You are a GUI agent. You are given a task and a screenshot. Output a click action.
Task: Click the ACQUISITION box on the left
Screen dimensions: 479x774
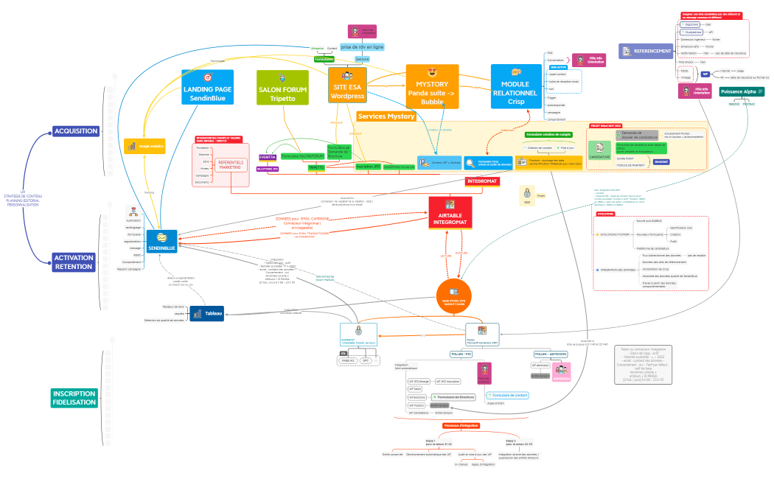pos(75,131)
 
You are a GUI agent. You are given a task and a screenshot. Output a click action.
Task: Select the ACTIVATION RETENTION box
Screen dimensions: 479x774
pos(74,262)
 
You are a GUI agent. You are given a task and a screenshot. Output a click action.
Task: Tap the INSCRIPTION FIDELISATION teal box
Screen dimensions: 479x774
pos(74,398)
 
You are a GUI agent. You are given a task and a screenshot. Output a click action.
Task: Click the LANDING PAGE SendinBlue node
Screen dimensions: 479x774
pos(207,87)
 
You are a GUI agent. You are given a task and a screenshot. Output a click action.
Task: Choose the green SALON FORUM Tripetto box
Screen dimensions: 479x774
pos(282,88)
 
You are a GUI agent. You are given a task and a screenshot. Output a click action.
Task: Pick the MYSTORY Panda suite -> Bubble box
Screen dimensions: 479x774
pos(432,87)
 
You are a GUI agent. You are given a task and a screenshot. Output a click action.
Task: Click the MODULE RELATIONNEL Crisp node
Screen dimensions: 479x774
pos(516,87)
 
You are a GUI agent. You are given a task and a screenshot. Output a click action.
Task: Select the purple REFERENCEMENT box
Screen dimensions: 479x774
pos(646,52)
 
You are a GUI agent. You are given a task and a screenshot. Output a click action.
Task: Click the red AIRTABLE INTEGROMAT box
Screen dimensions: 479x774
pos(450,212)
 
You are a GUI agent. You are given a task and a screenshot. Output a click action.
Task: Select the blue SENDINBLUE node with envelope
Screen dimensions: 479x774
pos(161,241)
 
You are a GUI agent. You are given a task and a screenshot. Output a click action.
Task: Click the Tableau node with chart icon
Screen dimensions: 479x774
pos(206,314)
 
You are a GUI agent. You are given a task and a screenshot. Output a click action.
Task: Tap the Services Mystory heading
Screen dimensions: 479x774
pos(386,116)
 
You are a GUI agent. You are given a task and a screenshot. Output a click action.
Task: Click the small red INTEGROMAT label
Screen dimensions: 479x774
pos(483,181)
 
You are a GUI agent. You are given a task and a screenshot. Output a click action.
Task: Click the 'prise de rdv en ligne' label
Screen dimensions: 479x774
pos(362,46)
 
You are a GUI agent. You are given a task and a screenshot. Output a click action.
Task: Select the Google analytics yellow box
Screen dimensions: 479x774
pos(144,147)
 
